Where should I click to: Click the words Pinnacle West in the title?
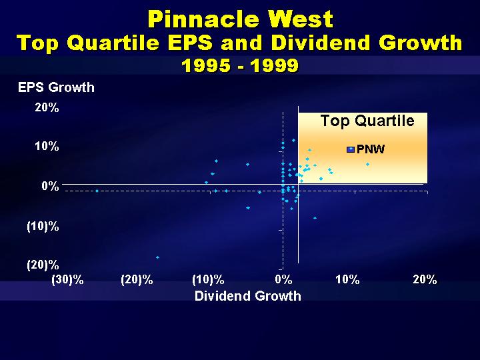click(240, 19)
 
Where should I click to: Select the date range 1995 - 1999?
click(240, 65)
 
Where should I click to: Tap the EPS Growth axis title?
click(56, 87)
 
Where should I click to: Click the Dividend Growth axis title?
click(248, 296)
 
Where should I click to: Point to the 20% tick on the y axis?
click(47, 107)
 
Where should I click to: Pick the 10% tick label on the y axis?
click(47, 146)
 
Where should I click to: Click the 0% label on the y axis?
click(50, 186)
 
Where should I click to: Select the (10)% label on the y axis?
click(43, 227)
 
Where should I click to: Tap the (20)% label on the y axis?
click(43, 265)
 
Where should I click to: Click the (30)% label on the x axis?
click(67, 280)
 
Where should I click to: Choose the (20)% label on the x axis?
click(137, 280)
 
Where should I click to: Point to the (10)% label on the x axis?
click(208, 280)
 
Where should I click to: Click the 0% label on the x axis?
click(283, 279)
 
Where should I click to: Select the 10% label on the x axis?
click(347, 279)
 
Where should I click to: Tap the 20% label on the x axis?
click(425, 279)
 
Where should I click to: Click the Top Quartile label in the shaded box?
click(367, 121)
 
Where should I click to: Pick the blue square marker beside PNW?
click(351, 150)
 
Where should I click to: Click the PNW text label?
click(371, 149)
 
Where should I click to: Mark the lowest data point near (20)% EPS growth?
click(157, 257)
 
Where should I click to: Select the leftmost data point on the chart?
click(97, 191)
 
